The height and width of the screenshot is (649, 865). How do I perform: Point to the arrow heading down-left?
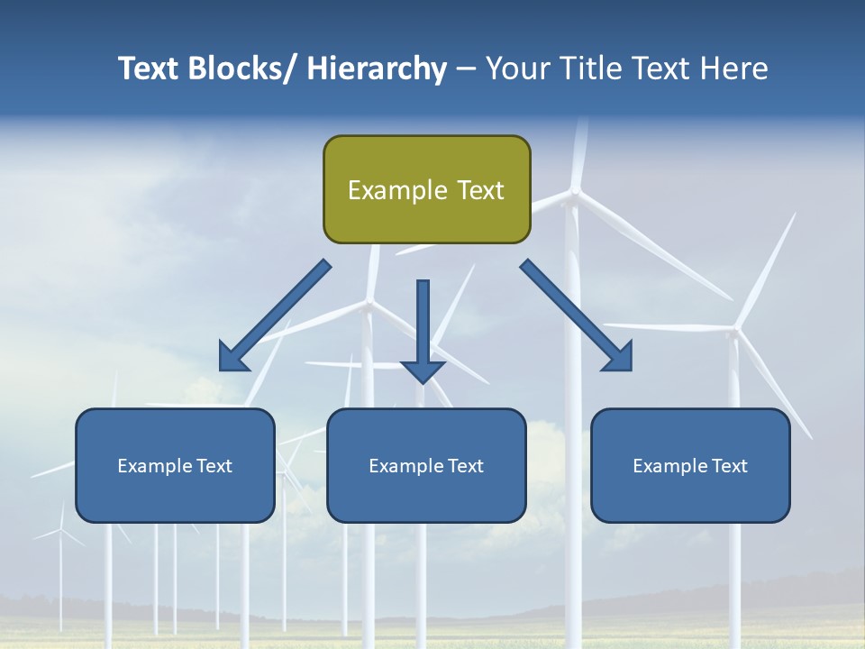275,315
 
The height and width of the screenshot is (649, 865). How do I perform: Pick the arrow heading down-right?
577,315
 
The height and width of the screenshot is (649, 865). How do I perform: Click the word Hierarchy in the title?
377,69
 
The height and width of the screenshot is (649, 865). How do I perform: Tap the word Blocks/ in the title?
242,69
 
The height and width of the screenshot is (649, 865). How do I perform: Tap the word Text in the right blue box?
728,466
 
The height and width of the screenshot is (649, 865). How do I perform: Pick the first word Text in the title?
150,69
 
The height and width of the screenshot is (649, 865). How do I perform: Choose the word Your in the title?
516,69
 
